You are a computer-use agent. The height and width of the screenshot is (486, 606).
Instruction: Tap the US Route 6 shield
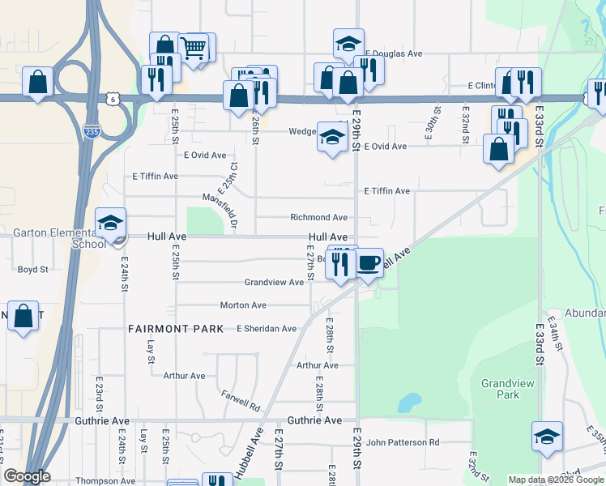111,97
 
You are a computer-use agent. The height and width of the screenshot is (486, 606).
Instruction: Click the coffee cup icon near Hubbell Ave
369,263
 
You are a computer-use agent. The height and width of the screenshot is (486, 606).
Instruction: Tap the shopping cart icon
193,48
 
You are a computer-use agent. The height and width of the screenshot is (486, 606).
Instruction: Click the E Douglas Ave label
394,54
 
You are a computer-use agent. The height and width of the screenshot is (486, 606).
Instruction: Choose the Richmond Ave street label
319,217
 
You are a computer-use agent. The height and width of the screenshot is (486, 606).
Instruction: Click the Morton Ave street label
243,305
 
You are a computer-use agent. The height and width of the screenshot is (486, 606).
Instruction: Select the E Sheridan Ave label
266,328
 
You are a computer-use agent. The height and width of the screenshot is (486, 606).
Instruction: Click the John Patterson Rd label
402,442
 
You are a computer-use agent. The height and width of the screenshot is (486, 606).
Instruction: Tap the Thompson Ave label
105,480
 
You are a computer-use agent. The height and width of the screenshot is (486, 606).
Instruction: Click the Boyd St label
33,269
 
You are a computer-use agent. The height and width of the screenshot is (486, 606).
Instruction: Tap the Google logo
26,476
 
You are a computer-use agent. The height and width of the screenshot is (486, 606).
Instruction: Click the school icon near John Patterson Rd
547,437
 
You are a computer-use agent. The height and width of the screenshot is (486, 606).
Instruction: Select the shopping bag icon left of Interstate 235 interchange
37,82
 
